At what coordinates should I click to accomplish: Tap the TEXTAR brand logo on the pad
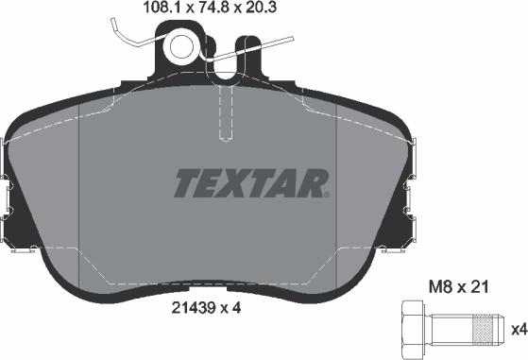click(249, 181)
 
